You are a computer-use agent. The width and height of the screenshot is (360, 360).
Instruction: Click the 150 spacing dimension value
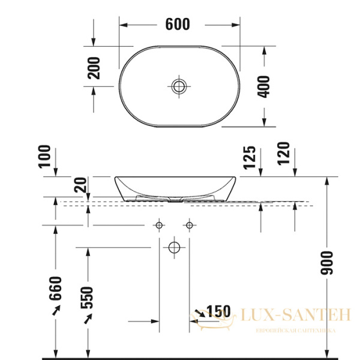218,311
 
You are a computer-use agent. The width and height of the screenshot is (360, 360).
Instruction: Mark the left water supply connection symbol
160,226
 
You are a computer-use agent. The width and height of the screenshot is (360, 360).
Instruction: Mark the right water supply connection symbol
190,226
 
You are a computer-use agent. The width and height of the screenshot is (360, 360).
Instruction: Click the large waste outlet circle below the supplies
175,247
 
